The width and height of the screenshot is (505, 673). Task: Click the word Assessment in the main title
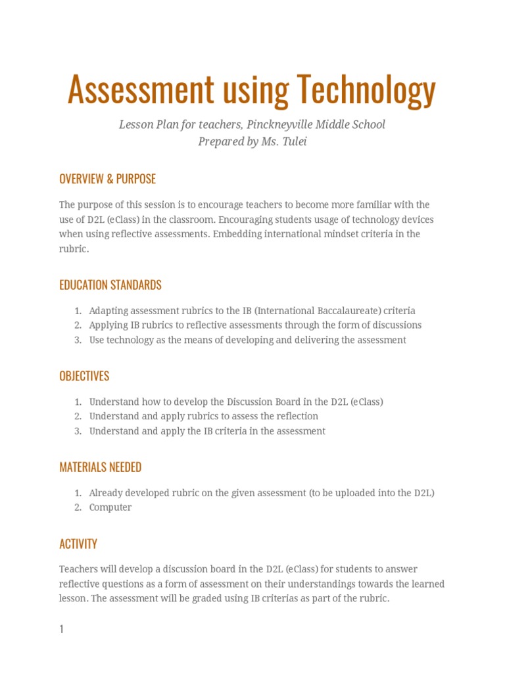(x=141, y=90)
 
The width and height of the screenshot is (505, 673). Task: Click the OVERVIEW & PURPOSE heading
(x=107, y=179)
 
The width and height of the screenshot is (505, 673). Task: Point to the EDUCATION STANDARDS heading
(x=110, y=285)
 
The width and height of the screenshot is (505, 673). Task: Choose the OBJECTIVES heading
(x=84, y=376)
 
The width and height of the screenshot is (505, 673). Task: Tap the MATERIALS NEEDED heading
(x=100, y=467)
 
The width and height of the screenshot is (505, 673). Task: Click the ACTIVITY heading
(x=78, y=544)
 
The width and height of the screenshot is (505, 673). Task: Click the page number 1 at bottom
(x=61, y=629)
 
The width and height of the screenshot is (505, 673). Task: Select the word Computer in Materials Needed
(x=110, y=507)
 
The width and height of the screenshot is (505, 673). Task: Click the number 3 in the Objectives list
(x=77, y=431)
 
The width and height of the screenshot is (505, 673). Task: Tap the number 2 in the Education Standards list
(x=77, y=325)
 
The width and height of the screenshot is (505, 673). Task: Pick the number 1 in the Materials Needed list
(x=77, y=493)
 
